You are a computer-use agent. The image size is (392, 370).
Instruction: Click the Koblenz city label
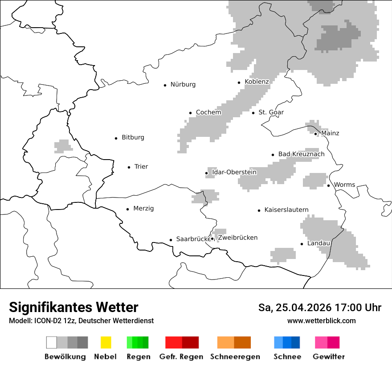pyautogui.click(x=257, y=82)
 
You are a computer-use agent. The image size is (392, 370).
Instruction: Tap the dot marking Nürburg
pyautogui.click(x=165, y=85)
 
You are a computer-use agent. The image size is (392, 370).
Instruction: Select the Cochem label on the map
pyautogui.click(x=208, y=112)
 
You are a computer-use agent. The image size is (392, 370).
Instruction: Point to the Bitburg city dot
pyautogui.click(x=116, y=138)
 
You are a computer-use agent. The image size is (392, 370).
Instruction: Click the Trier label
pyautogui.click(x=141, y=167)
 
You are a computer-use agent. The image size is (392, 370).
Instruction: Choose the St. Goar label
pyautogui.click(x=271, y=112)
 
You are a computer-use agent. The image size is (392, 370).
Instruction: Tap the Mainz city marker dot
pyautogui.click(x=315, y=134)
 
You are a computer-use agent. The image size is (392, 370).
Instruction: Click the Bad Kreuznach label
pyautogui.click(x=301, y=154)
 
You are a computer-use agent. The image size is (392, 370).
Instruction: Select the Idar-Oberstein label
pyautogui.click(x=234, y=172)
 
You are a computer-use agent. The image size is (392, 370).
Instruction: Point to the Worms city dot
pyautogui.click(x=328, y=185)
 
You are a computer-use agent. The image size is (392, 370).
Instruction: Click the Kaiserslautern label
pyautogui.click(x=286, y=210)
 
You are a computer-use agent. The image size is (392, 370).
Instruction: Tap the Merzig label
pyautogui.click(x=143, y=209)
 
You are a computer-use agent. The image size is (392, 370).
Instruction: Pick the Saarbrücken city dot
pyautogui.click(x=171, y=240)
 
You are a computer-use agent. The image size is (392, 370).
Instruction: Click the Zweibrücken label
pyautogui.click(x=238, y=238)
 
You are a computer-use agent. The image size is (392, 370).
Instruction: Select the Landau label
pyautogui.click(x=318, y=243)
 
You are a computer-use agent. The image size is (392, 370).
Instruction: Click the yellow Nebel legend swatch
pyautogui.click(x=106, y=342)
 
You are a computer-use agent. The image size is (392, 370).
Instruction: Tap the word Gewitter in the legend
pyautogui.click(x=329, y=357)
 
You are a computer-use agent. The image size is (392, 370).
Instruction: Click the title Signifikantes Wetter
pyautogui.click(x=73, y=307)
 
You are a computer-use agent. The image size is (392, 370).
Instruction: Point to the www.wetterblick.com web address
pyautogui.click(x=321, y=321)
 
